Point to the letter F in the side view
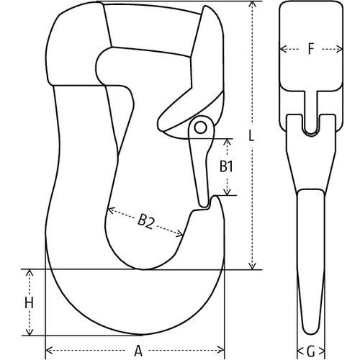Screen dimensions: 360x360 (311, 50)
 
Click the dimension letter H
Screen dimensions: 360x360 (29, 303)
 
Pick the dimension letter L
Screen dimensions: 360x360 (251, 135)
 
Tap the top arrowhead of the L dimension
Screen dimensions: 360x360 (251, 4)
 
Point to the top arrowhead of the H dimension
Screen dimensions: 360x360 (29, 274)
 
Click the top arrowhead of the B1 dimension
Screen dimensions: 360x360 (228, 140)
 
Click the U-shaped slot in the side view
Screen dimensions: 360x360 (311, 124)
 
